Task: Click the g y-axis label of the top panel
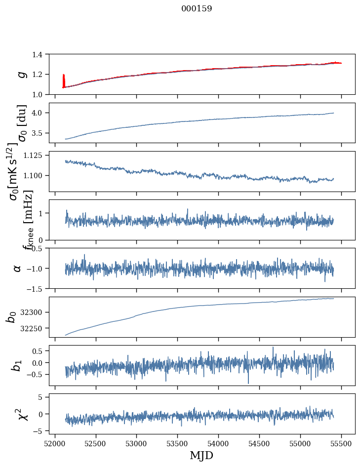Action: coord(21,74)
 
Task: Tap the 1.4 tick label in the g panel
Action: coord(42,54)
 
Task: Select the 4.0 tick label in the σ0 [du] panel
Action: coord(42,113)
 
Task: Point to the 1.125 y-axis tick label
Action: coord(38,155)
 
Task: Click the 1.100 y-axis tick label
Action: coord(38,175)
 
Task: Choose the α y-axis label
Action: coord(17,268)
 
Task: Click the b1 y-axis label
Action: coord(17,365)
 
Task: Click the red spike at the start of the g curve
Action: coord(64,79)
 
